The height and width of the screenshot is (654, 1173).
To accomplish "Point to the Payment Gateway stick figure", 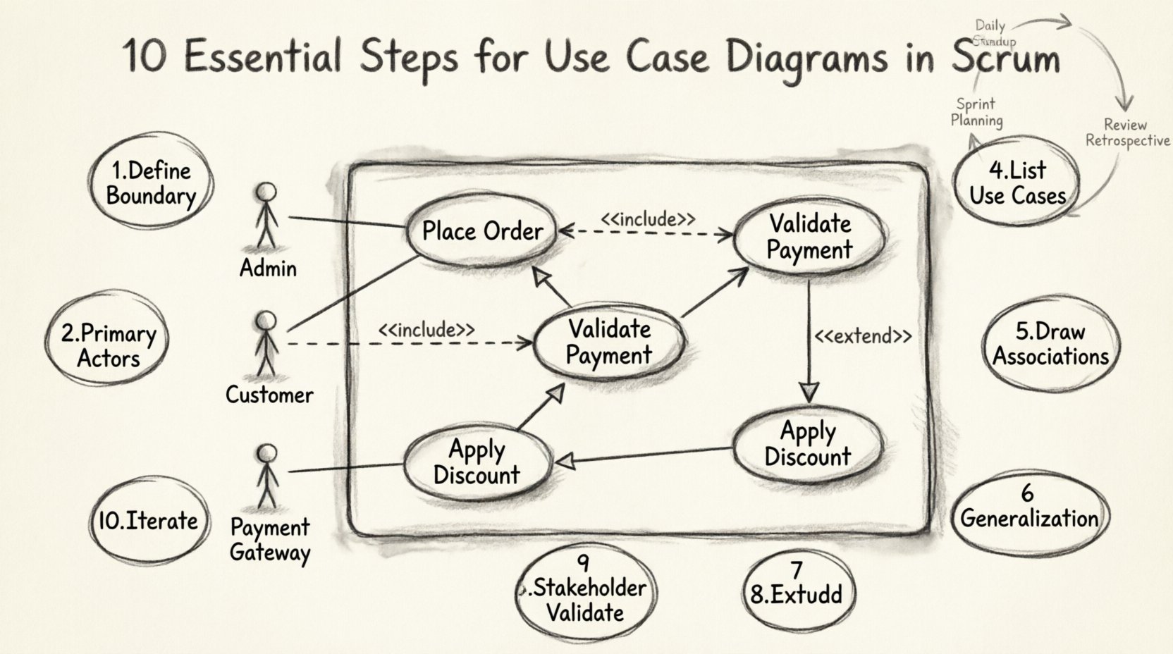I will tap(267, 476).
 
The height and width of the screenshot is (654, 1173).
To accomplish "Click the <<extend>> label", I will tap(863, 336).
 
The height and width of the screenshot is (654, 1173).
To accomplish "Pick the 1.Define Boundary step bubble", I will tap(150, 183).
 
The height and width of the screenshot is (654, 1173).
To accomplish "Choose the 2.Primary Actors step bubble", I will tap(108, 345).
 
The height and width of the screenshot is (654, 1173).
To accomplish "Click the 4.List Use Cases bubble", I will tap(1017, 183).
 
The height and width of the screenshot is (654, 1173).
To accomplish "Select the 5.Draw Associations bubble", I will tap(1050, 344).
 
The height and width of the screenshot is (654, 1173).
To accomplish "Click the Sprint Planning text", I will tap(976, 112).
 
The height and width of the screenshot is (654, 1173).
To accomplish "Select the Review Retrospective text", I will tap(1126, 132).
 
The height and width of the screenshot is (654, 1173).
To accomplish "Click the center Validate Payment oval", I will tap(609, 342).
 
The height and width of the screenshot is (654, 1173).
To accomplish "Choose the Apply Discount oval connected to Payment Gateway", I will tap(477, 462).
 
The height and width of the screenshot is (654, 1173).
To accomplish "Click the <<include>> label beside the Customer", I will tap(426, 330).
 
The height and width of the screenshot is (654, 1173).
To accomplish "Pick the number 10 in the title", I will tap(146, 56).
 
